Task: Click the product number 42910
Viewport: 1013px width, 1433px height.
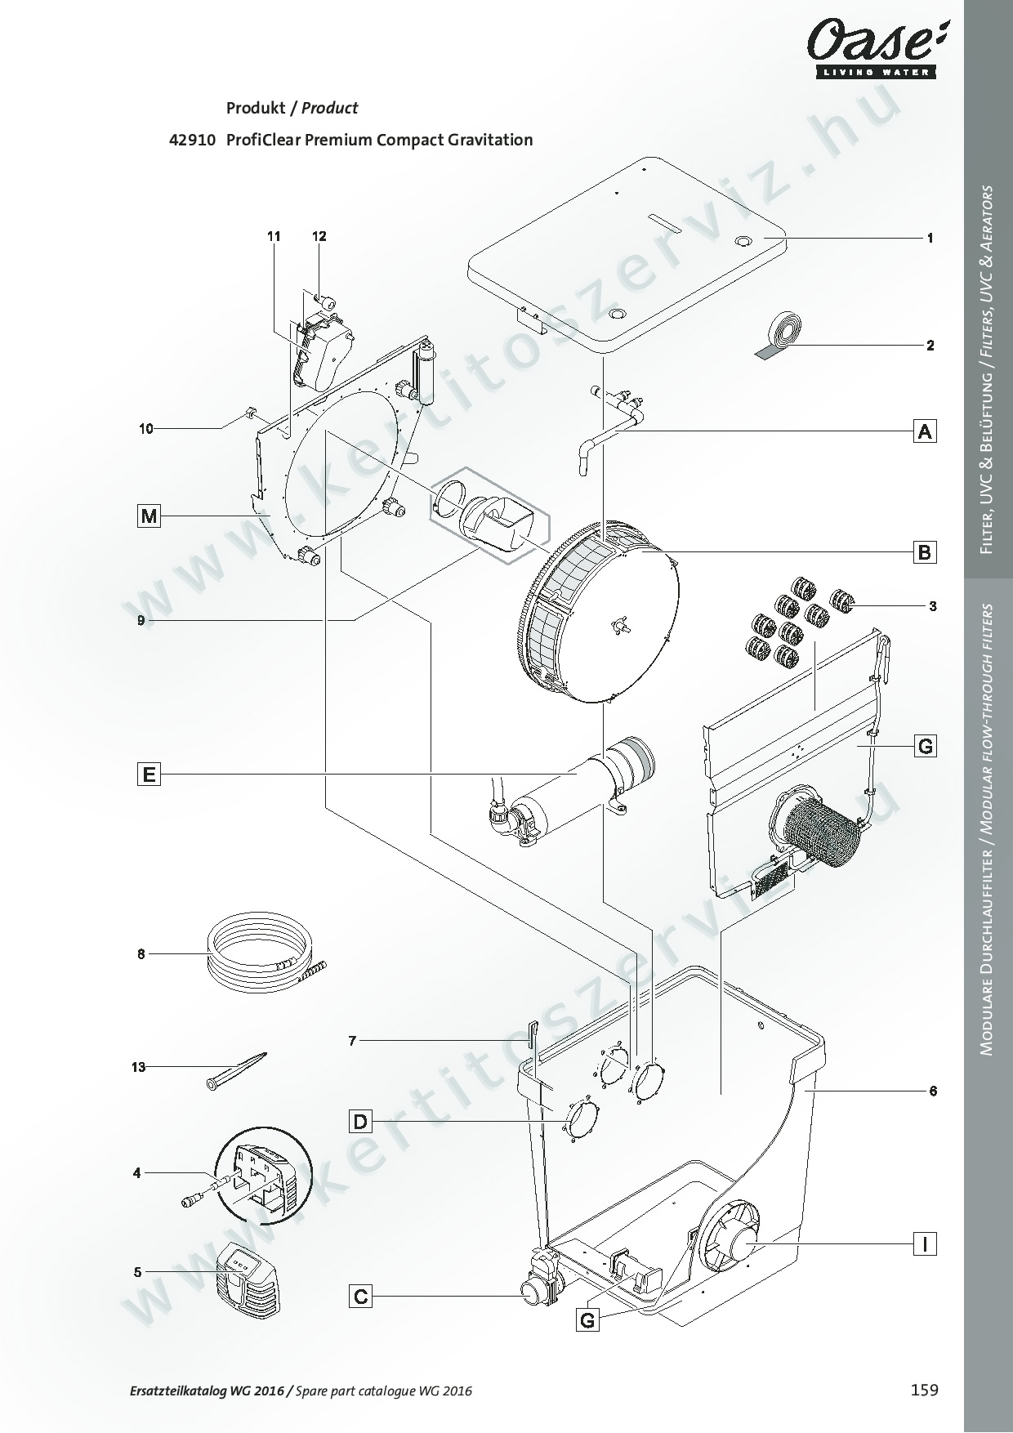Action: pos(192,140)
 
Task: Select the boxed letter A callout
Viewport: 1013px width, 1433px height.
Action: pos(924,431)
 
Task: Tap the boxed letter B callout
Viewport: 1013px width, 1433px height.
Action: pos(924,552)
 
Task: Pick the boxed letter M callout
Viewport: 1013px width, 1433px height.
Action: pos(149,516)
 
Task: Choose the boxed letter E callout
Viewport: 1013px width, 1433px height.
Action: pos(149,773)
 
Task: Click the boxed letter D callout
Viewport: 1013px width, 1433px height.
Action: pos(360,1121)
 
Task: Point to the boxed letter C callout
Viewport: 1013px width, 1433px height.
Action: pos(360,1296)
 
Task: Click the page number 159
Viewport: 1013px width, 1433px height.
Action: pos(925,1390)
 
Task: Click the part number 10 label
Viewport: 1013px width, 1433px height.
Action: pos(145,428)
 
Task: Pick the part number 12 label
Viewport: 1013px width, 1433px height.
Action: pos(319,236)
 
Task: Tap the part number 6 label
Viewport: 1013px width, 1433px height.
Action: pos(933,1091)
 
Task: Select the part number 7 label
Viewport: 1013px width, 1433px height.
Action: pos(353,1040)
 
